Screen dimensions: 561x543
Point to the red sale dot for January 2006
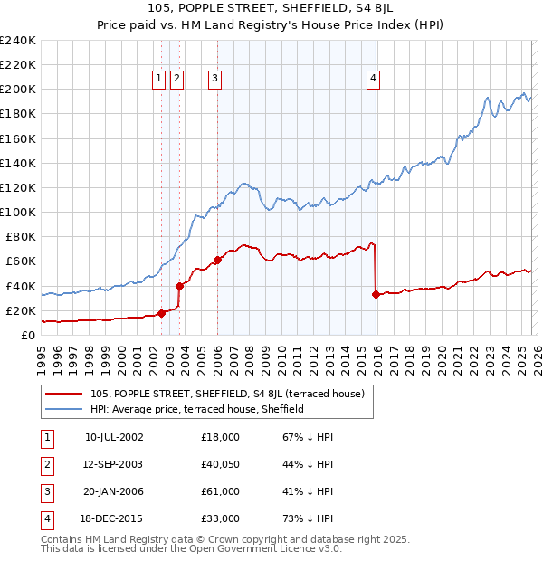coord(217,260)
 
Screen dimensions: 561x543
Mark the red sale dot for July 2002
coord(161,313)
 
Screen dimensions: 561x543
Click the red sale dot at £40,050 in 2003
coord(179,286)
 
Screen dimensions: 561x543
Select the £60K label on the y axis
coord(21,261)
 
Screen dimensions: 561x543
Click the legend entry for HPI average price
coord(196,409)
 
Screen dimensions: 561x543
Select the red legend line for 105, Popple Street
coord(64,394)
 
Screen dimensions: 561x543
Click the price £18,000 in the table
coord(220,437)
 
